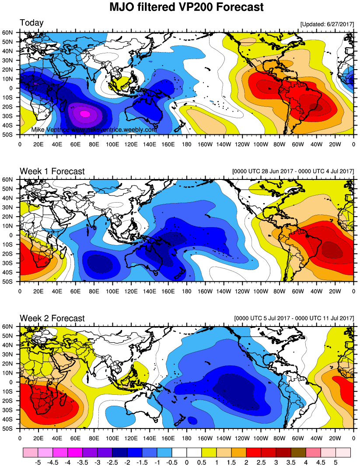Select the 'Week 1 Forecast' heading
[52, 171]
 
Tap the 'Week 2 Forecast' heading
[52, 318]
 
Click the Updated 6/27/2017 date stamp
[327, 25]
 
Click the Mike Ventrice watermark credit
[94, 130]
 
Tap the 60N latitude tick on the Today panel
[11, 32]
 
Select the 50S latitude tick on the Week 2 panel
[11, 429]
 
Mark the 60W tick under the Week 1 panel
[298, 290]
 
